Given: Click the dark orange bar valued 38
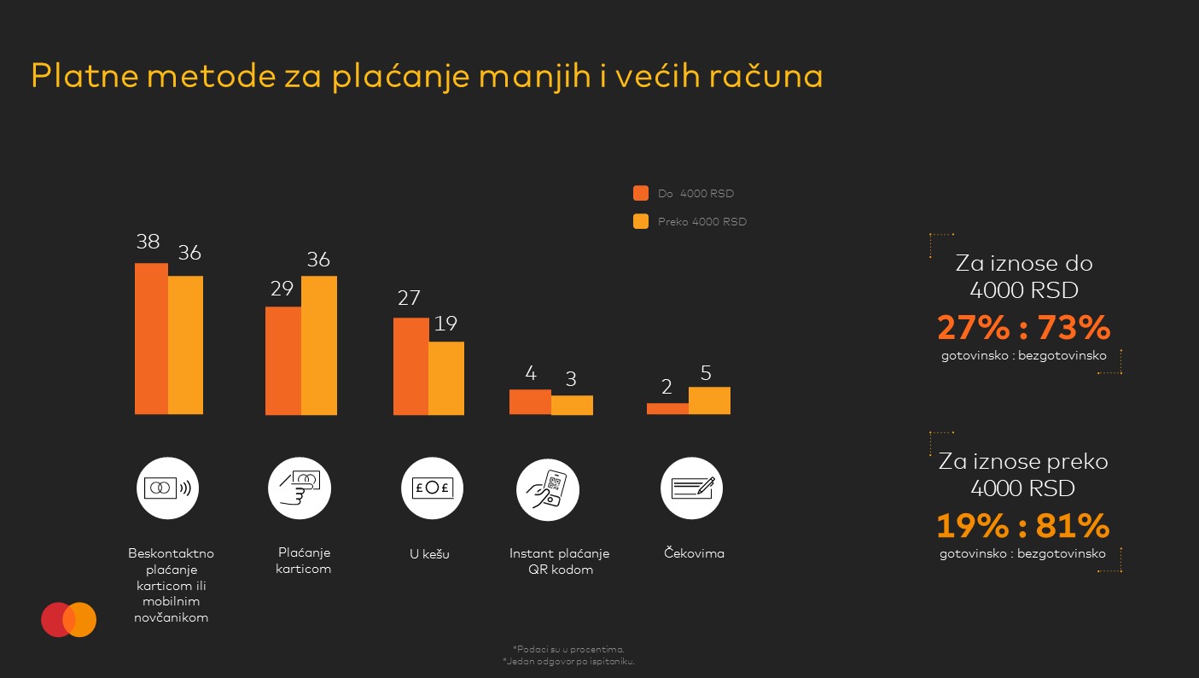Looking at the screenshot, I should click(x=151, y=338).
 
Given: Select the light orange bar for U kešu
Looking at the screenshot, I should click(x=446, y=378).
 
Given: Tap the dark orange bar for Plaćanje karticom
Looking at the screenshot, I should click(x=282, y=360).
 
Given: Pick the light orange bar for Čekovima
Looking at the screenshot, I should click(x=709, y=400).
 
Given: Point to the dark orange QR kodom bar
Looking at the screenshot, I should click(x=530, y=401).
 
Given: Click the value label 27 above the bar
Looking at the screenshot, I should click(x=409, y=298).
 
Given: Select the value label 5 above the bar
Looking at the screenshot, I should click(x=706, y=373).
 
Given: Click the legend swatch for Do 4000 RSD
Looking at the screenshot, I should click(x=641, y=193).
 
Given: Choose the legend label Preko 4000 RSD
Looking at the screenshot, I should click(x=701, y=222).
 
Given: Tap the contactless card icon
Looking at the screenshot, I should click(x=167, y=488).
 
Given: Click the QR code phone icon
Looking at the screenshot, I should click(x=548, y=488).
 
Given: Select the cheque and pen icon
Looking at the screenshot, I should click(x=692, y=488).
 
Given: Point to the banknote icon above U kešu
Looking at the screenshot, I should click(x=433, y=488).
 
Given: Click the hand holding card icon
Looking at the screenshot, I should click(x=300, y=488).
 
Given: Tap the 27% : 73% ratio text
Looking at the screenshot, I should click(x=1023, y=328).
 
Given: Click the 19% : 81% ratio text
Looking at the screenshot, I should click(x=1023, y=526).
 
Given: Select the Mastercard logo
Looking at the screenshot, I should click(x=69, y=620).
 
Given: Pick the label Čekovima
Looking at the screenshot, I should click(x=694, y=553).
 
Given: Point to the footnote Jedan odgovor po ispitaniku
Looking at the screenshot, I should click(x=569, y=661).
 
